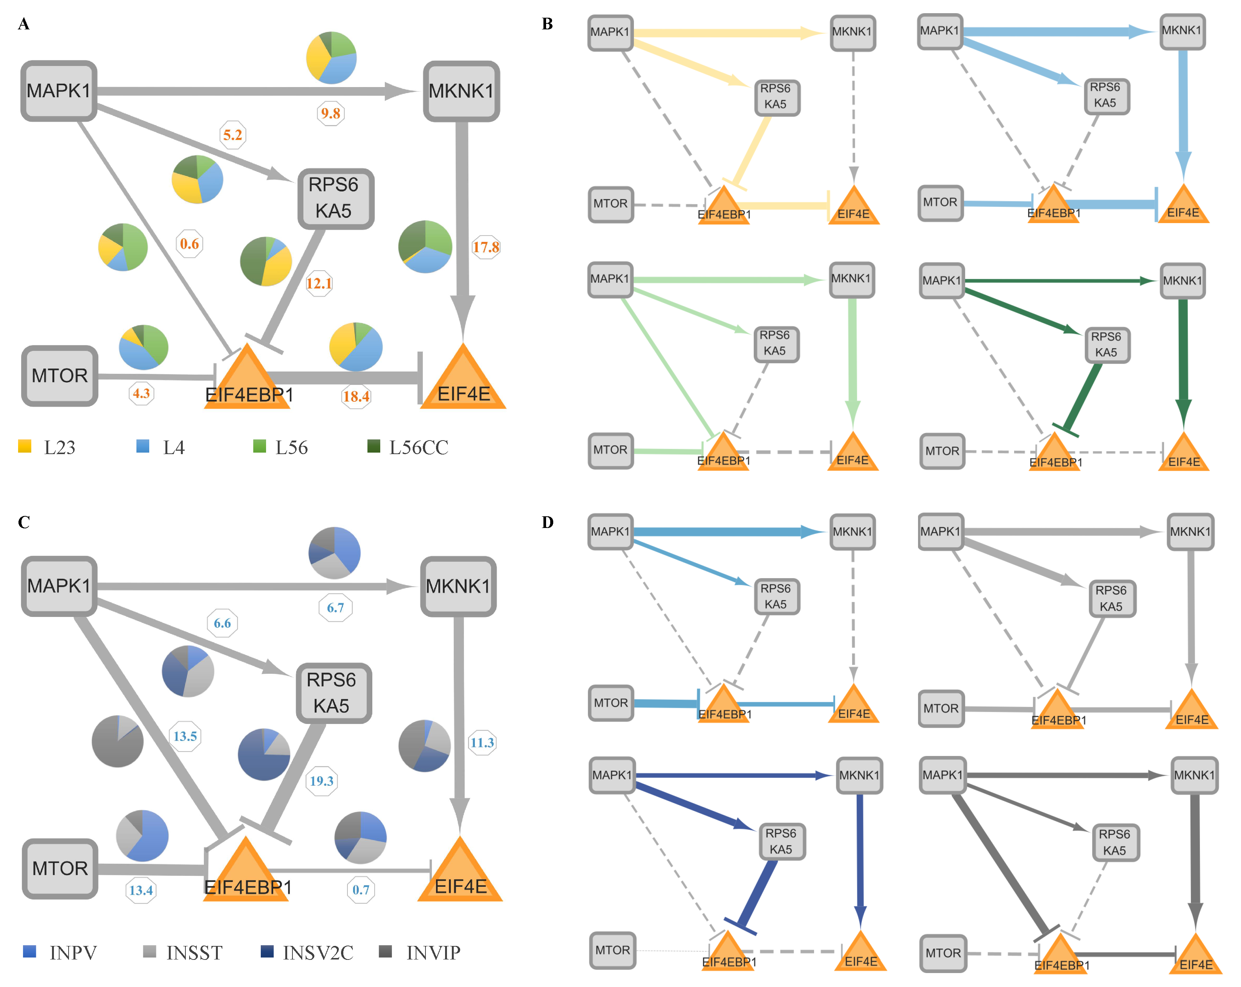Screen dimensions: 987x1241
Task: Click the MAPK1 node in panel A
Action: (59, 91)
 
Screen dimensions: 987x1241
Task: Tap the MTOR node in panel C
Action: (60, 868)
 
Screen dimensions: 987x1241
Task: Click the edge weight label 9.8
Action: (331, 113)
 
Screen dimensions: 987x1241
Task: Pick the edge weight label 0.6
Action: (190, 243)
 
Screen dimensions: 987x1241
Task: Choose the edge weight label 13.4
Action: (141, 890)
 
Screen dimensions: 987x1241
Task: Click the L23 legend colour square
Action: (25, 446)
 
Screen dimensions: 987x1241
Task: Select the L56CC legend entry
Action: (407, 447)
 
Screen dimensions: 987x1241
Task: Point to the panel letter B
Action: (548, 24)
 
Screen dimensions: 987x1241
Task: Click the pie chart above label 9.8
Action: (331, 58)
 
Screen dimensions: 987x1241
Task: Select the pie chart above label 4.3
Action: (143, 347)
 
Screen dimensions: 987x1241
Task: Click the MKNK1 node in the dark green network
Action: (1182, 281)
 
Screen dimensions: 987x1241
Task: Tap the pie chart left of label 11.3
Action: (424, 745)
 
